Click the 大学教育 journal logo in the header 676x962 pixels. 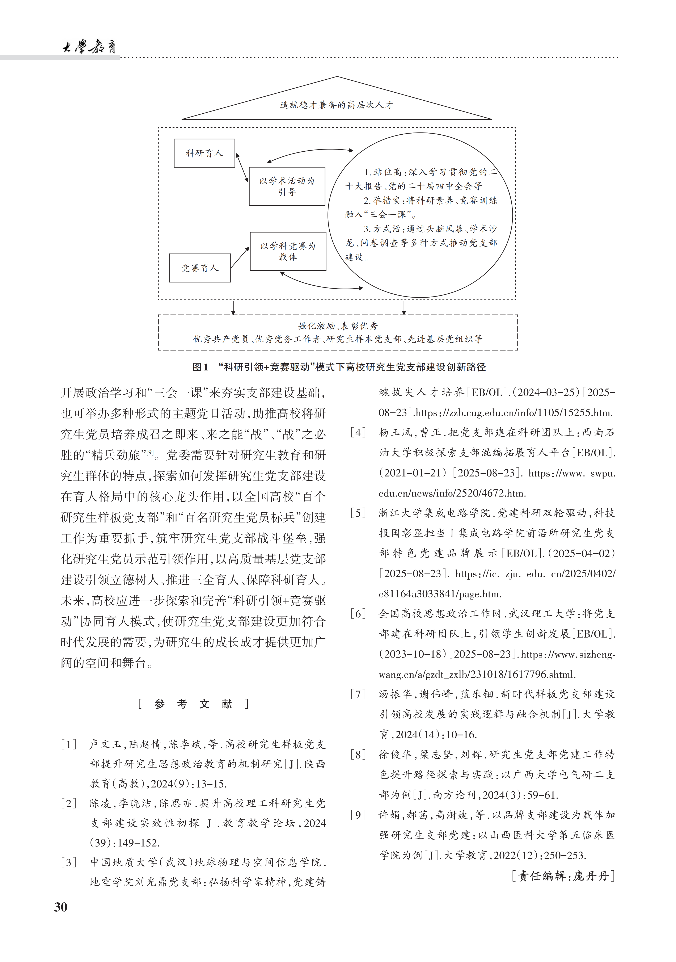click(x=89, y=47)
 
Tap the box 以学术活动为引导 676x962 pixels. click(x=287, y=186)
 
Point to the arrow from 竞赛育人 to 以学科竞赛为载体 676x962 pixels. click(x=240, y=257)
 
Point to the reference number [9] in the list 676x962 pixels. click(x=358, y=815)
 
